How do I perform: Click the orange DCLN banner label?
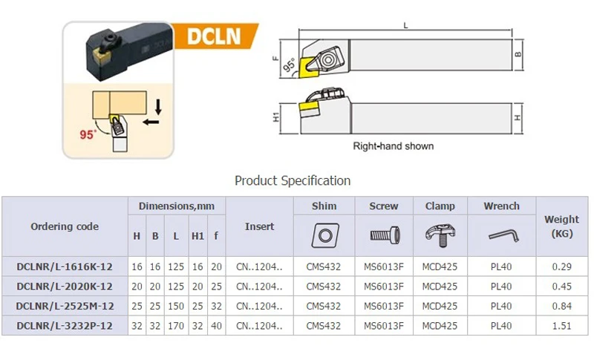click(x=215, y=36)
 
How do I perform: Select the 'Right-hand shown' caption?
click(x=393, y=146)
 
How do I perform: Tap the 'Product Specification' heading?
click(x=293, y=180)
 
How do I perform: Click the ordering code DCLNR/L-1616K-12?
click(x=65, y=266)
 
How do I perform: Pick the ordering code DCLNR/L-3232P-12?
click(x=65, y=324)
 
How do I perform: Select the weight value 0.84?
click(x=561, y=305)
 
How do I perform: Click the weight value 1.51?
click(x=561, y=324)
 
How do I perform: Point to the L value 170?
click(x=175, y=324)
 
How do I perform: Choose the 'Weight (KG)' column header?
click(x=561, y=226)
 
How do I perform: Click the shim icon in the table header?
click(x=324, y=235)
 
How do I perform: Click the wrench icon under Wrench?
click(x=501, y=235)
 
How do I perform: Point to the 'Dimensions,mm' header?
click(x=176, y=206)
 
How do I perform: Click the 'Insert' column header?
click(x=259, y=226)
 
